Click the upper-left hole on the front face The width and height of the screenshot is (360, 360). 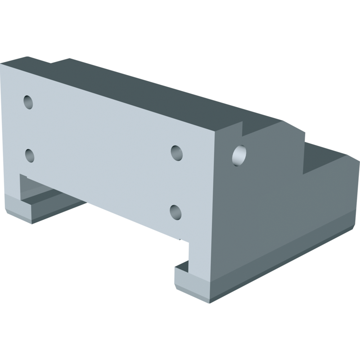pos(28,102)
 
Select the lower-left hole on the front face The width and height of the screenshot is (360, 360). pos(30,155)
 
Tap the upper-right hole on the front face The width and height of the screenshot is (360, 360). pos(176,153)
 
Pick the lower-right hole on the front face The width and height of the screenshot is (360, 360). pos(176,212)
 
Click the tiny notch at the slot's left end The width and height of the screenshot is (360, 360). pos(23,177)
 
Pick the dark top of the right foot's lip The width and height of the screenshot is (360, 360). pos(182,266)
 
